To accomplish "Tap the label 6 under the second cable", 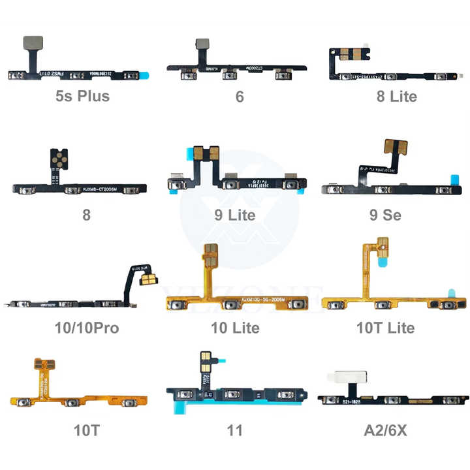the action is point(240,97).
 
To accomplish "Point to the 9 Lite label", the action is point(234,214).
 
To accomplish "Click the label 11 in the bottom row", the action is point(235,430).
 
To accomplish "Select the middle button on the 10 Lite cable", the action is point(230,305).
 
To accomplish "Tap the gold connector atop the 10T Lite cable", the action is point(384,248).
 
